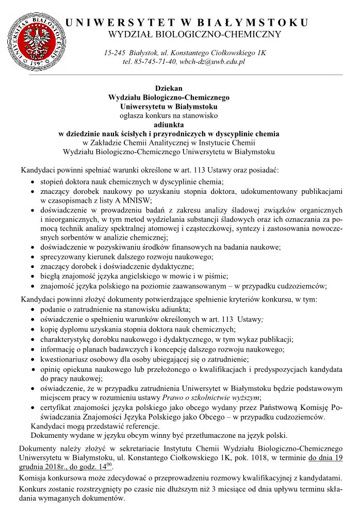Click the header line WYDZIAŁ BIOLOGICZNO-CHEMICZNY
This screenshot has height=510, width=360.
coord(194,35)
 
